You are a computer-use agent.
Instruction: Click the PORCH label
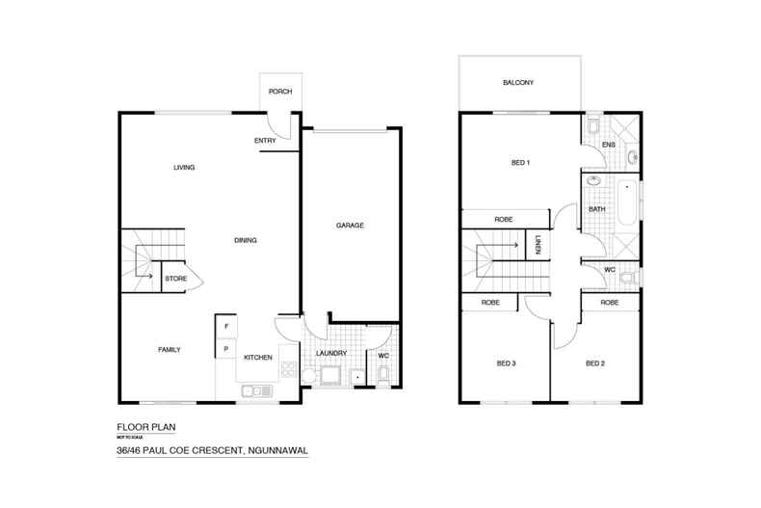279,92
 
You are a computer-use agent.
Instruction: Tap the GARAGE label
349,225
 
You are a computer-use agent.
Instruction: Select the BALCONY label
517,83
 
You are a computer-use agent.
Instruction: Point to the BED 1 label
520,163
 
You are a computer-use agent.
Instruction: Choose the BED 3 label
507,363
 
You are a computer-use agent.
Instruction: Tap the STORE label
175,279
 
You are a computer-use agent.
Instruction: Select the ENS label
608,146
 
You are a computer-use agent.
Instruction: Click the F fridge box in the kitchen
224,325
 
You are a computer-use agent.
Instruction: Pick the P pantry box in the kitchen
224,348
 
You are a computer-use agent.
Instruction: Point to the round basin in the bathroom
594,180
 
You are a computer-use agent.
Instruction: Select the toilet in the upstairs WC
629,279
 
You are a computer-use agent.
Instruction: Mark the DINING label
245,240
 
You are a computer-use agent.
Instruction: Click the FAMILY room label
170,349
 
